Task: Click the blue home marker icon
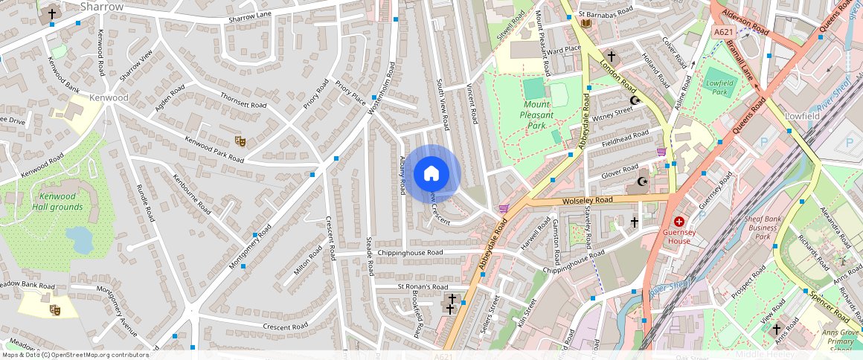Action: [x=431, y=174]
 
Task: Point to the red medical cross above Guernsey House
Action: [x=679, y=222]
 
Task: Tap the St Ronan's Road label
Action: [x=423, y=286]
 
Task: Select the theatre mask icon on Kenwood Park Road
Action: [x=240, y=141]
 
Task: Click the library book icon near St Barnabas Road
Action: [x=586, y=25]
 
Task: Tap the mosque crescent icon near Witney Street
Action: [x=634, y=100]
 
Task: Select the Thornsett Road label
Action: [x=243, y=101]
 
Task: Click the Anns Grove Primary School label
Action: [x=841, y=341]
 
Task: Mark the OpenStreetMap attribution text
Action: [x=75, y=355]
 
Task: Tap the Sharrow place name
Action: [x=101, y=7]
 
